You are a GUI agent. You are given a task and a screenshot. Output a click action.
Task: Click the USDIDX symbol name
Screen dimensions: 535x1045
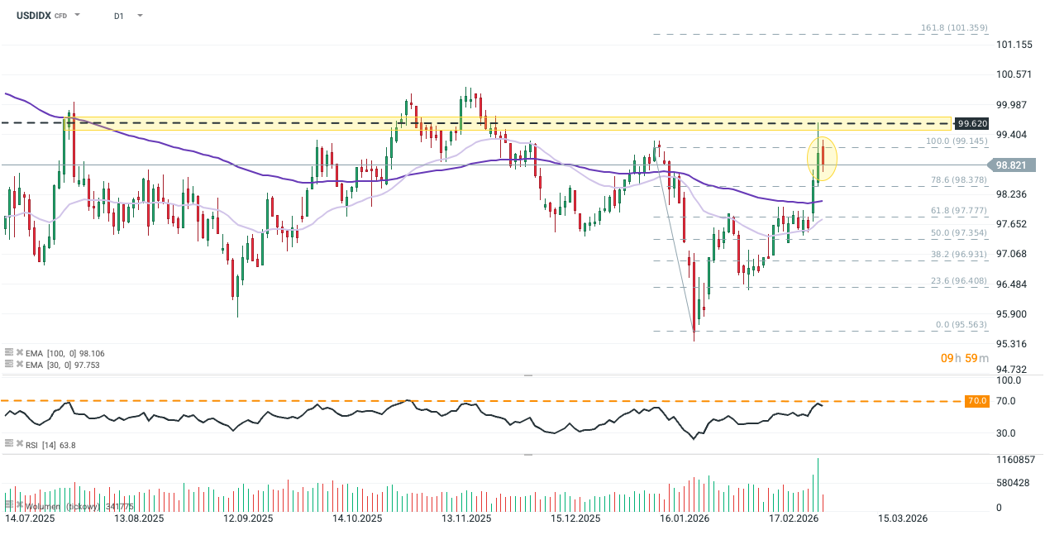coord(27,15)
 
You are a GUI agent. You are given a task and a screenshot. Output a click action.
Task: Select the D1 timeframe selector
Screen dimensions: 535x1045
coord(119,15)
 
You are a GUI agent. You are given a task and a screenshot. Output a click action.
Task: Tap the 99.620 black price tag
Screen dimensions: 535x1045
coord(972,123)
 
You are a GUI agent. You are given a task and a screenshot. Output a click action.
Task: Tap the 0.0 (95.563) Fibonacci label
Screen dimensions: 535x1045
coord(960,325)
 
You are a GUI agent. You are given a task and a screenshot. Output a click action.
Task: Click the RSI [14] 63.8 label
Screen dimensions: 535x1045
coord(52,445)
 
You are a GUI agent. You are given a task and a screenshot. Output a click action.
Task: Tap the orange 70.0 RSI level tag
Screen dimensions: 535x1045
coord(977,401)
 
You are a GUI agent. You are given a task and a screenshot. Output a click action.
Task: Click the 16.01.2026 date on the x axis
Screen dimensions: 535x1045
coord(685,518)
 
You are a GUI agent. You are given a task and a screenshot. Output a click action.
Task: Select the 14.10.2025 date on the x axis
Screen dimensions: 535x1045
coord(356,518)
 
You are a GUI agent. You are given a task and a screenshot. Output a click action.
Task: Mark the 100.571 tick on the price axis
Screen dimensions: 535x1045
coord(1014,74)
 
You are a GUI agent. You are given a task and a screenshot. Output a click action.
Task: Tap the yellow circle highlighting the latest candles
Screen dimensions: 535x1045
coord(822,158)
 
